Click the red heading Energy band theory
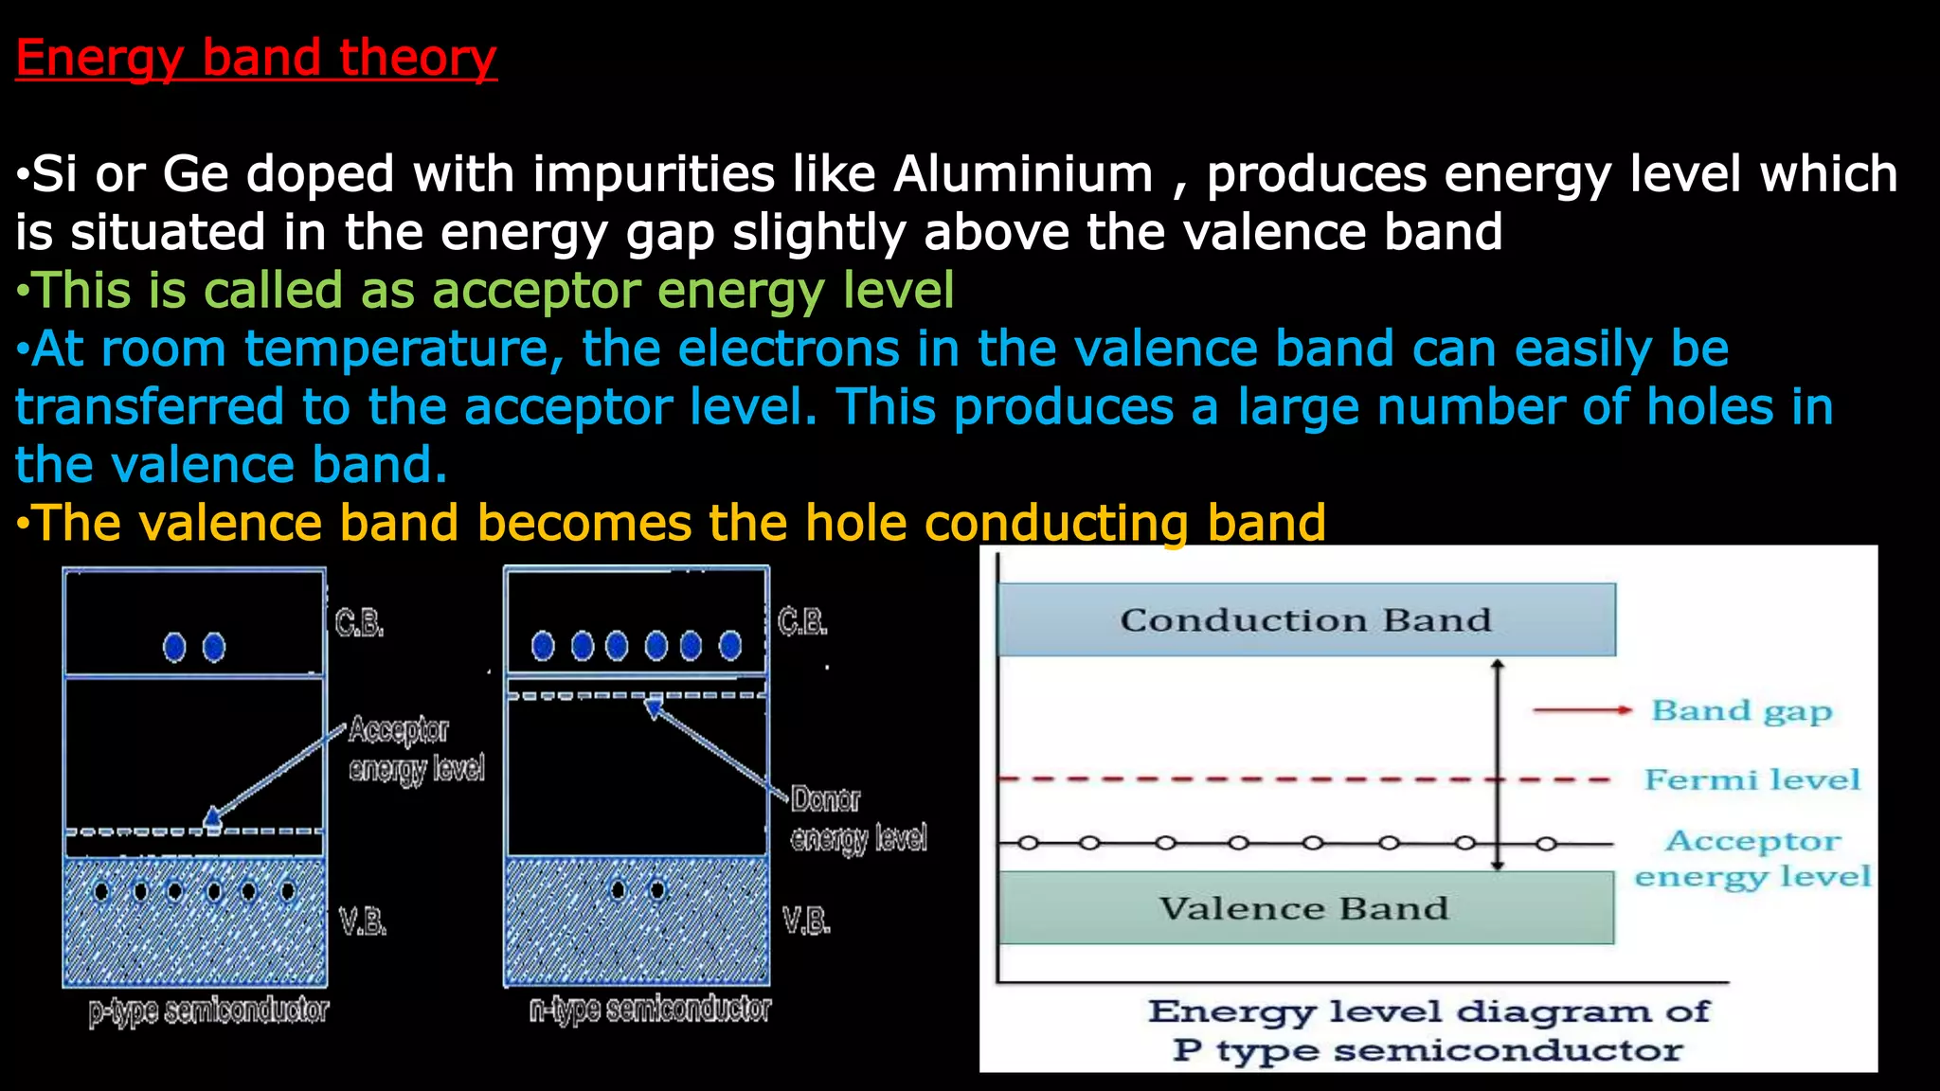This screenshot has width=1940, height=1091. point(256,58)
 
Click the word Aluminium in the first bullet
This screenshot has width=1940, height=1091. point(1023,174)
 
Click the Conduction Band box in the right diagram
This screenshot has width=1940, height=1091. point(1305,620)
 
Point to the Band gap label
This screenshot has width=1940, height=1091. point(1741,710)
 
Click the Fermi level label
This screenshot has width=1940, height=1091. point(1751,779)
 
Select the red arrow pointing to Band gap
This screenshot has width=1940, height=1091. point(1581,710)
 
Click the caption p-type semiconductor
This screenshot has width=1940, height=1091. point(208,1011)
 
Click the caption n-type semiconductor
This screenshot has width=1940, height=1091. point(650,1010)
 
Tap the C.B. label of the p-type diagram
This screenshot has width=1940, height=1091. point(359,623)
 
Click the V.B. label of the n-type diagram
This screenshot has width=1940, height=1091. point(805,920)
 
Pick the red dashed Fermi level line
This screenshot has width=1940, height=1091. point(1231,779)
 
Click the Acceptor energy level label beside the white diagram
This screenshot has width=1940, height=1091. point(1752,858)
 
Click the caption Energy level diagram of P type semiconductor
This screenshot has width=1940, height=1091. point(1428,1030)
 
